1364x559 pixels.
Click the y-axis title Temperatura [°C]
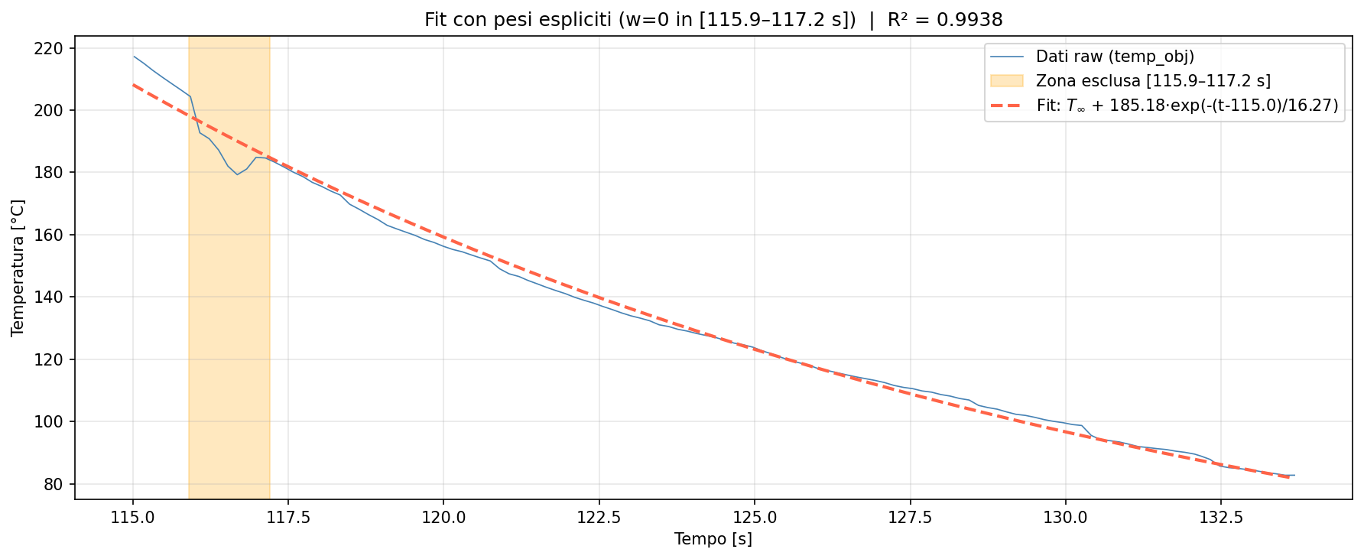(x=18, y=268)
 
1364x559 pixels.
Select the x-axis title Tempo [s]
(x=713, y=540)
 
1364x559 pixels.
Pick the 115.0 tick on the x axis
(x=133, y=518)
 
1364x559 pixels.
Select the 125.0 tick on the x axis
(x=755, y=518)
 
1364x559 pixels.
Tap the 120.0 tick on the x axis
(x=443, y=518)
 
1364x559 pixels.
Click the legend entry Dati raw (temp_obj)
(x=1115, y=57)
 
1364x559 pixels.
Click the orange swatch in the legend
(x=1006, y=81)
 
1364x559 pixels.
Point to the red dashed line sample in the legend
(x=1006, y=106)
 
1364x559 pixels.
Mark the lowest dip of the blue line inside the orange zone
(x=237, y=174)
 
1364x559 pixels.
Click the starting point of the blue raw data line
(x=134, y=57)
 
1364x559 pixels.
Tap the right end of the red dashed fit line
(x=1290, y=478)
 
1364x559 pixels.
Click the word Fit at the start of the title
(x=437, y=21)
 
